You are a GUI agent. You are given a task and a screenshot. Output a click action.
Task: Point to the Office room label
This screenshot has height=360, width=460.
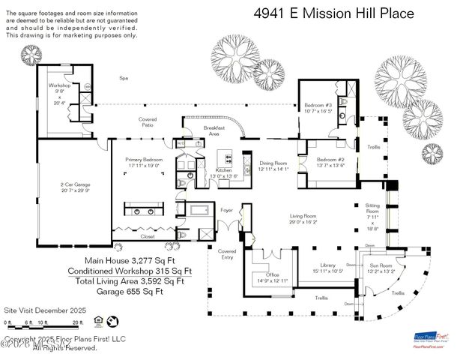[273, 277]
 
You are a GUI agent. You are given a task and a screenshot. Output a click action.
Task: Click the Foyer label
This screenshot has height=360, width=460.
[227, 211]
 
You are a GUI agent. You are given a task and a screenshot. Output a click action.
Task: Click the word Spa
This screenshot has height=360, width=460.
[124, 78]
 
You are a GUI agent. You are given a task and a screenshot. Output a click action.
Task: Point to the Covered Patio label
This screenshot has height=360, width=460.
[147, 123]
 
